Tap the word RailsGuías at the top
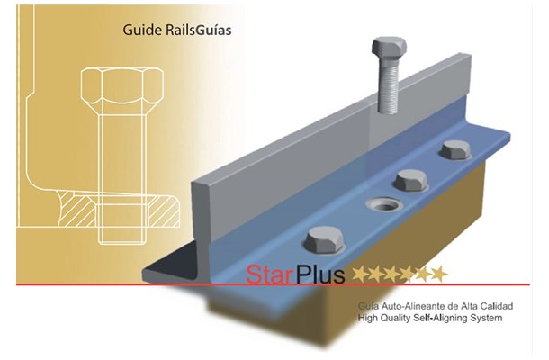click(x=199, y=30)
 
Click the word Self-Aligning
click(x=454, y=318)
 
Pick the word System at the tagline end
click(x=508, y=318)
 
